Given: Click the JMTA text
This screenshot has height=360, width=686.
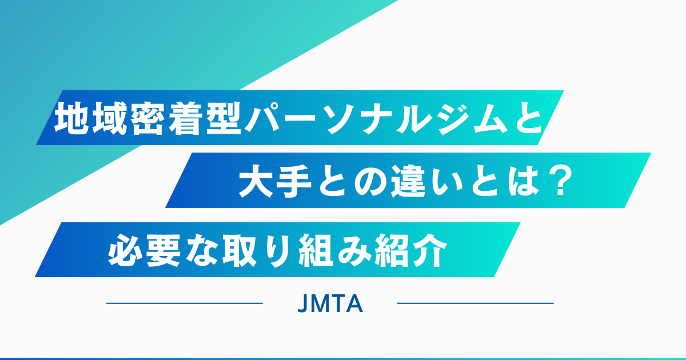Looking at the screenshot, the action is tap(330, 303).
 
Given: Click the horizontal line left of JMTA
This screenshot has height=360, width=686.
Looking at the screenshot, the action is tap(184, 303).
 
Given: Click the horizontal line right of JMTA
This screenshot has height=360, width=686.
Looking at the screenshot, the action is tap(475, 303).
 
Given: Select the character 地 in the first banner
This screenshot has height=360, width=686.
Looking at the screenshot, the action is tap(72, 118).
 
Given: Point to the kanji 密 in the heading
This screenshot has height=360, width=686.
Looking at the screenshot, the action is tap(148, 118).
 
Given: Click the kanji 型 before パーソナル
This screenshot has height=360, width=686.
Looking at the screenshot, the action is tap(224, 118).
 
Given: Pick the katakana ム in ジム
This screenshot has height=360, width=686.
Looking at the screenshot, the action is tap(487, 118).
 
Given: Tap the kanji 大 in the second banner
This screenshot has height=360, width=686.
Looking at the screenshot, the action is tap(257, 181).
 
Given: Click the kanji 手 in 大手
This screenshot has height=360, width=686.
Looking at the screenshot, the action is tap(294, 181).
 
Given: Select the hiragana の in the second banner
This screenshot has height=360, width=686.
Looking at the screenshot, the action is tap(370, 181).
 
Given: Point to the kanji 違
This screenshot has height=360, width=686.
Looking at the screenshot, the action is tap(409, 181).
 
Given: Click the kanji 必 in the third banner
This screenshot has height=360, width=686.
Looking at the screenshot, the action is tap(126, 250).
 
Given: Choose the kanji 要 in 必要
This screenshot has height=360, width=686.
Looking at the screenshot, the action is tap(163, 250).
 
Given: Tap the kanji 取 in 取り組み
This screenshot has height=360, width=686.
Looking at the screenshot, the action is tap(240, 250).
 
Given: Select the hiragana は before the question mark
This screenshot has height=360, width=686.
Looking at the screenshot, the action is tap(523, 181).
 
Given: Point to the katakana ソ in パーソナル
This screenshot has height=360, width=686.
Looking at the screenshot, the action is tap(340, 118).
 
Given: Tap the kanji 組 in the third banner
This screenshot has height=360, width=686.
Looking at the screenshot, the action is tap(316, 250).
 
